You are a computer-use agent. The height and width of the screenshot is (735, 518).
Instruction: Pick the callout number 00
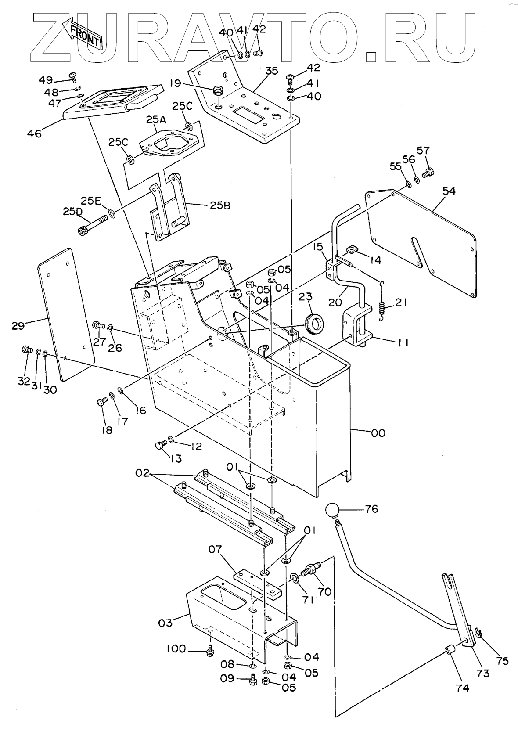[x=378, y=433]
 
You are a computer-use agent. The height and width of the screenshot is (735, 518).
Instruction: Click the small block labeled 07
[x=255, y=581]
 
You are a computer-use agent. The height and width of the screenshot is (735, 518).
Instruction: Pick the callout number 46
[x=34, y=133]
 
